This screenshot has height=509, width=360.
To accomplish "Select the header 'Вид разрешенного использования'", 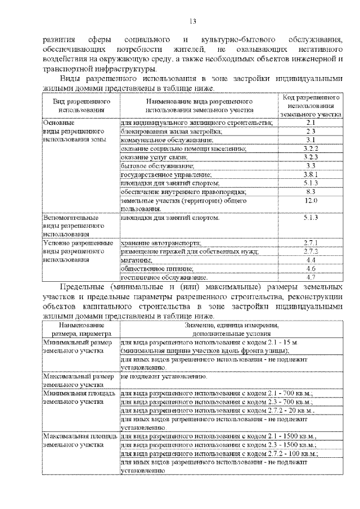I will (81, 105).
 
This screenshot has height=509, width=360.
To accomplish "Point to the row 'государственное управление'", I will (169, 174).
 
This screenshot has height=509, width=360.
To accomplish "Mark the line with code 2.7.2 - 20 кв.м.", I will (217, 411).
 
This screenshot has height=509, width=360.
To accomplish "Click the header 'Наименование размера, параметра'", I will (81, 329).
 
